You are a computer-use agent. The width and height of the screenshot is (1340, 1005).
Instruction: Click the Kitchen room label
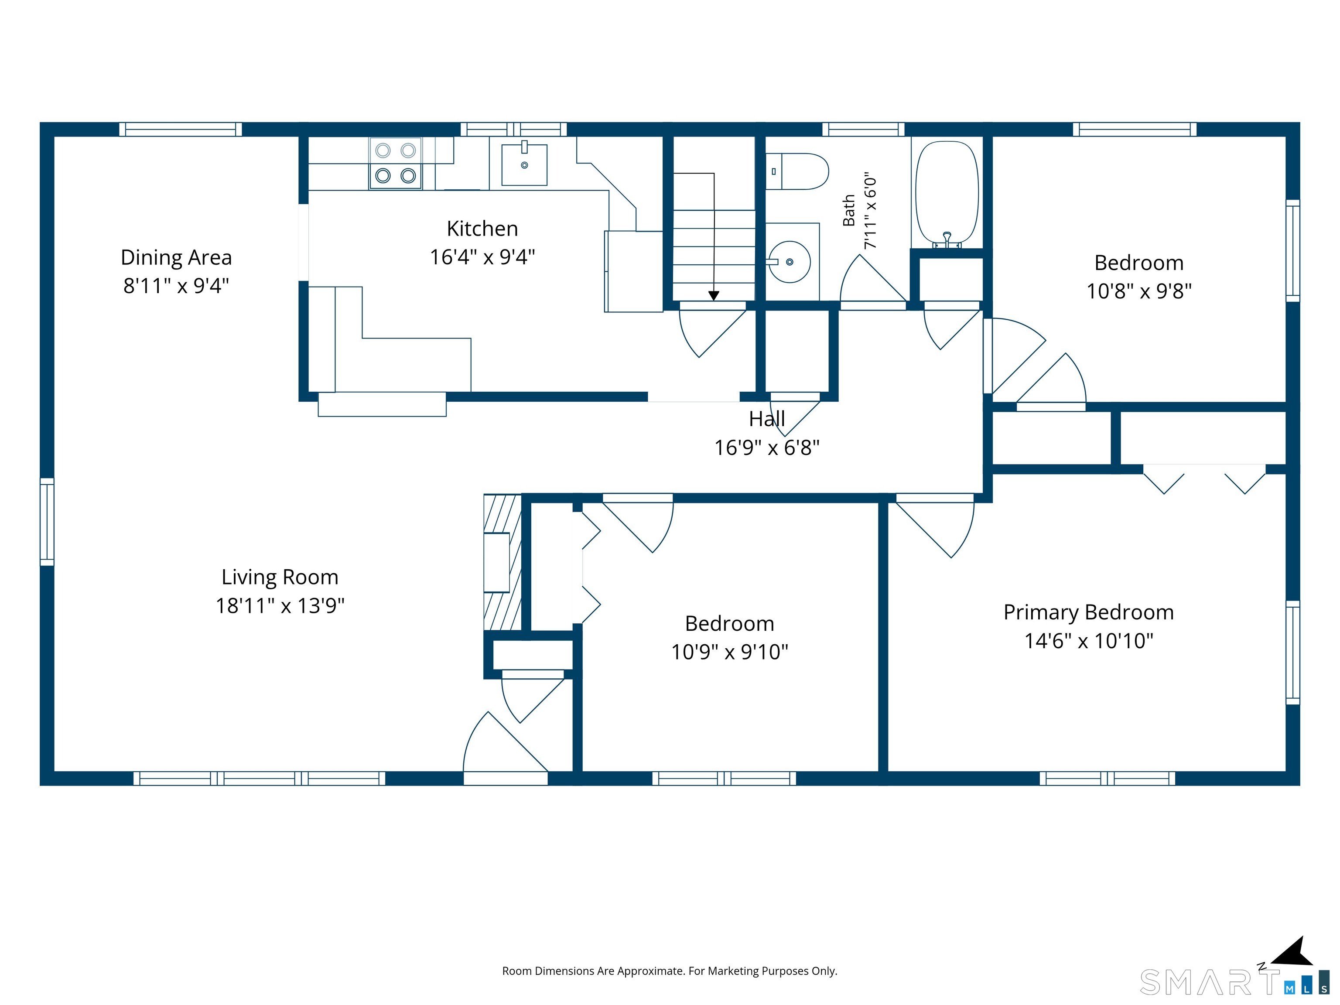click(482, 229)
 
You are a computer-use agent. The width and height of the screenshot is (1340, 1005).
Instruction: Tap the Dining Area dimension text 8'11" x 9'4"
click(176, 285)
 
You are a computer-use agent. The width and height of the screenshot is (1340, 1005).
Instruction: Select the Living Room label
click(280, 577)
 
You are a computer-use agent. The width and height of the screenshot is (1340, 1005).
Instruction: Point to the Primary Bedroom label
click(1089, 612)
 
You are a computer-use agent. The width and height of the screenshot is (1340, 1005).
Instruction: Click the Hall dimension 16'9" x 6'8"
click(767, 448)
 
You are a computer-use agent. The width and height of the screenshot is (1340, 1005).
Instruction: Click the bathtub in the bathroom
click(947, 194)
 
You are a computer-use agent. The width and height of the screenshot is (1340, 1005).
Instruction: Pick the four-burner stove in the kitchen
click(396, 163)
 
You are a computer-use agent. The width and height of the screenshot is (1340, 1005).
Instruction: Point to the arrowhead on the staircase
click(714, 296)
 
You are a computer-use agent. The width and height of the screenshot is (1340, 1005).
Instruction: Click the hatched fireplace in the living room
click(502, 563)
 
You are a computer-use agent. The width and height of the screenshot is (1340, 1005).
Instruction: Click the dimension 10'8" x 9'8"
click(1139, 291)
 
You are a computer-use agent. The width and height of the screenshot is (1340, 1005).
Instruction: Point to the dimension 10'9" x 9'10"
click(730, 652)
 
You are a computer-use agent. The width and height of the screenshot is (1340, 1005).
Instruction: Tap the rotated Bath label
click(849, 210)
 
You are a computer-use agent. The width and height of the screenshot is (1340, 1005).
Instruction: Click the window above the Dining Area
click(181, 129)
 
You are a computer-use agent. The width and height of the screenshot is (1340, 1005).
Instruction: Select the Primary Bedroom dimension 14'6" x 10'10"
click(1089, 641)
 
